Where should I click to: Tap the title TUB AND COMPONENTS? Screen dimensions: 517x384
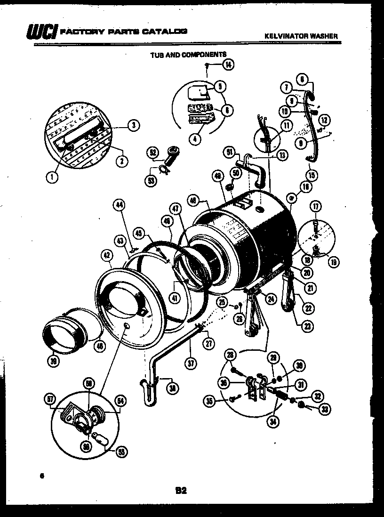click(188, 55)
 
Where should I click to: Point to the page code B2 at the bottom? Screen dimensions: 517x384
click(181, 491)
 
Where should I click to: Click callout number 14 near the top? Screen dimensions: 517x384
click(228, 65)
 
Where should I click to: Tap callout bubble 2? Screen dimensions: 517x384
click(121, 161)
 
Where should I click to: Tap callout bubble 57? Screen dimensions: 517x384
click(49, 400)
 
